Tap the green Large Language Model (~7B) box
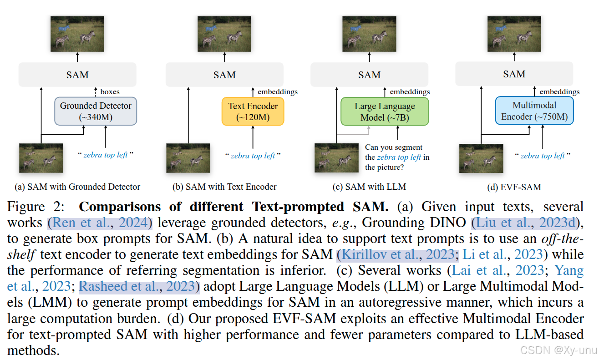coord(385,112)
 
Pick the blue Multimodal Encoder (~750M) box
coord(534,111)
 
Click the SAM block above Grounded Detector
coord(77,75)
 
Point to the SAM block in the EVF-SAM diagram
coord(514,74)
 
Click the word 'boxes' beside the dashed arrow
coord(110,91)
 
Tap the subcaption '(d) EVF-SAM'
coord(514,187)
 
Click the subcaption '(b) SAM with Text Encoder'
coord(224,187)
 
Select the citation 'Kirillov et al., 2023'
coord(396,254)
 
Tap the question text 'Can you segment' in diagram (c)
coord(394,147)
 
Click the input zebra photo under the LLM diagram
coord(336,158)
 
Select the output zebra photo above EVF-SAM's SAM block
coord(514,33)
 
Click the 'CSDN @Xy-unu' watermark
coord(558,350)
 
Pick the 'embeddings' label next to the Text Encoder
coord(278,91)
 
